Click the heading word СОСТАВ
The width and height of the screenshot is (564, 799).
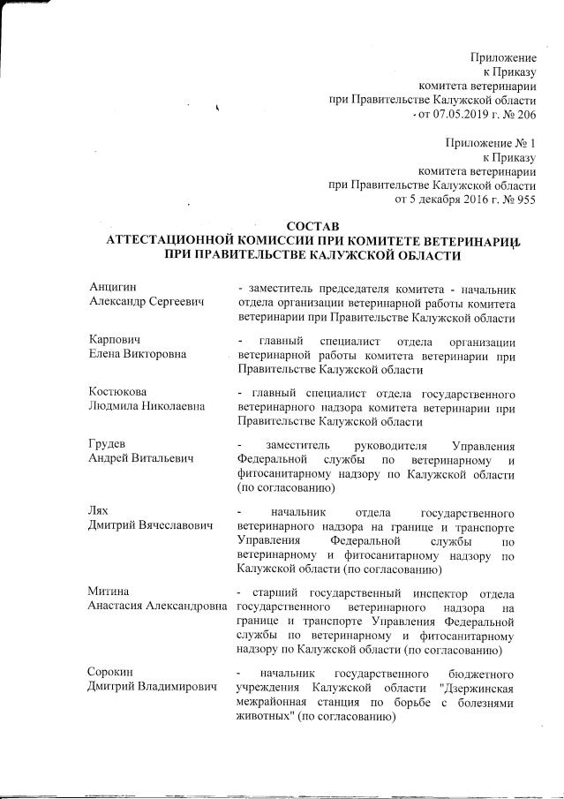(x=315, y=225)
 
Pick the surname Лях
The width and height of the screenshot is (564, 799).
(x=100, y=511)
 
